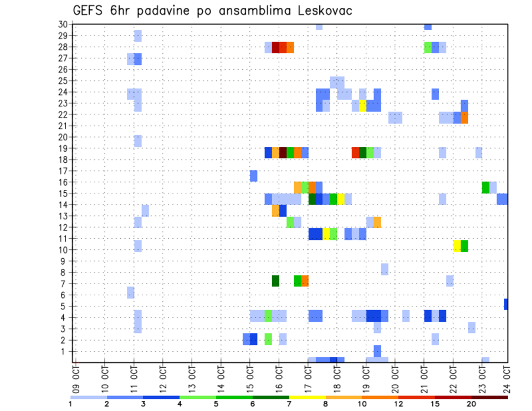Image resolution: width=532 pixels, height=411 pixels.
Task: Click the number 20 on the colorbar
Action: (x=471, y=403)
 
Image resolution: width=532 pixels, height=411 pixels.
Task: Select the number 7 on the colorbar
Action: (x=289, y=403)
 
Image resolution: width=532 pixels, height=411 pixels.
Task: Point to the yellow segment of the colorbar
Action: (x=308, y=397)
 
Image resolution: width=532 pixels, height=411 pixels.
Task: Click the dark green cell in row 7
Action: (x=275, y=281)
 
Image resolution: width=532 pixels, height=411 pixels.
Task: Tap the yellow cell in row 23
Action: (x=362, y=105)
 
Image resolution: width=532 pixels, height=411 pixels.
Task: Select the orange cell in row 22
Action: (x=464, y=117)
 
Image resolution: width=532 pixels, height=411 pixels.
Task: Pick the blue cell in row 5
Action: (x=506, y=304)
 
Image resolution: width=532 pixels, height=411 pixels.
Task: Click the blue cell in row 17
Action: (x=253, y=176)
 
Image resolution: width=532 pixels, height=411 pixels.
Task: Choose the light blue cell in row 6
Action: (x=130, y=292)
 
